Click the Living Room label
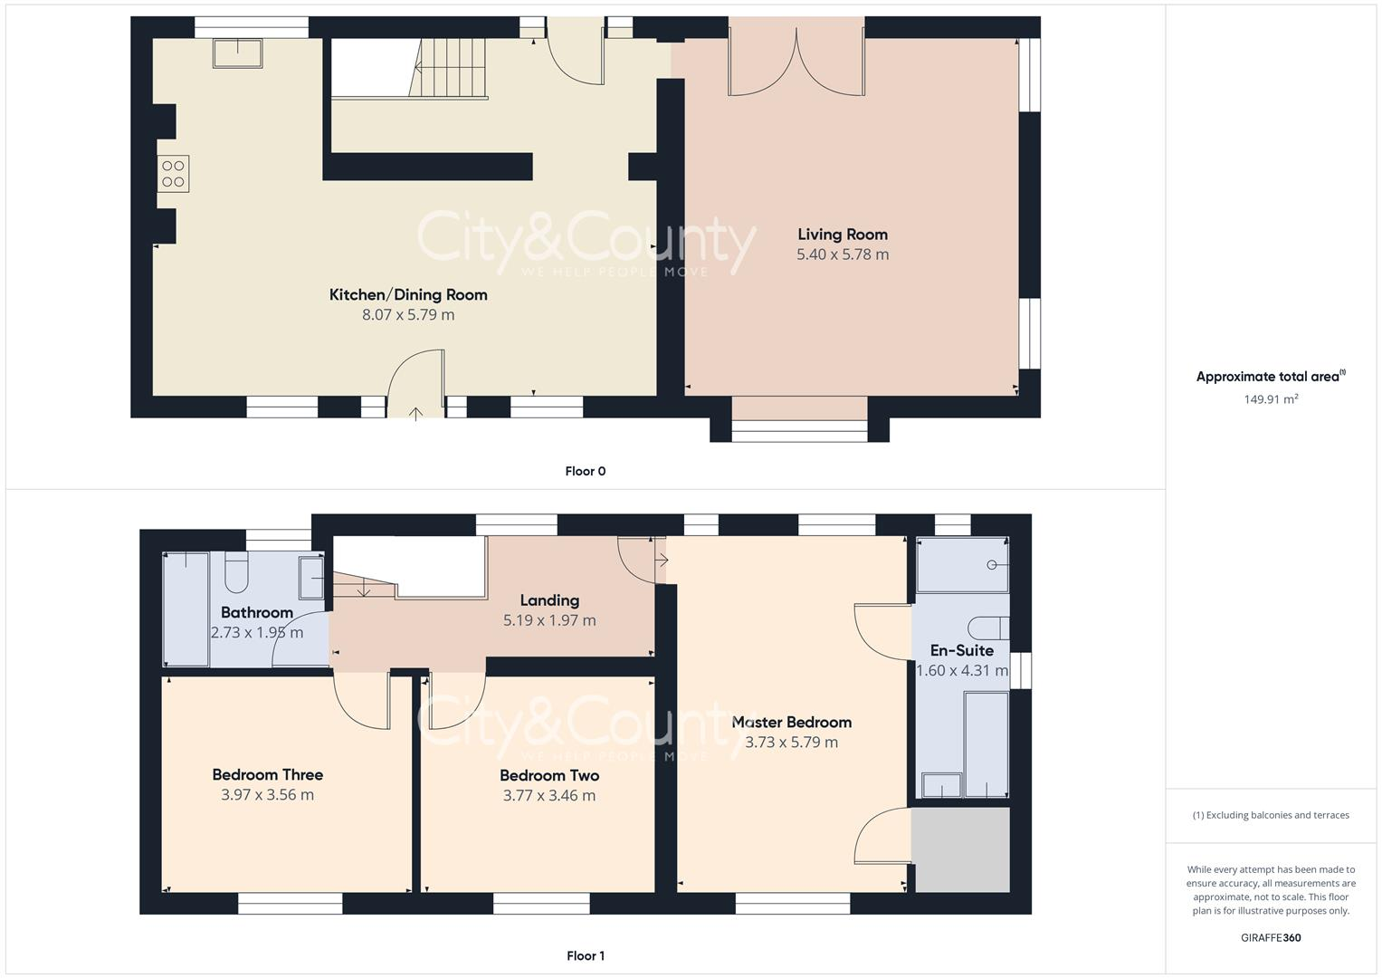842,235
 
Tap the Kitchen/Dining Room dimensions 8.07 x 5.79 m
408,315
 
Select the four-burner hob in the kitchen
173,174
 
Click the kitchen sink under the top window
238,53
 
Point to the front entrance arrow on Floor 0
415,414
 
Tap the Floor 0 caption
586,471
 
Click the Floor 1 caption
586,955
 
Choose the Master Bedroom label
791,722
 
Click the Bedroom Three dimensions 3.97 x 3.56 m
267,795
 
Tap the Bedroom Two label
549,775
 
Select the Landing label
549,600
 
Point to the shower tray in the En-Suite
962,565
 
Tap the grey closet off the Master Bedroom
960,849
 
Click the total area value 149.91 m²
1271,398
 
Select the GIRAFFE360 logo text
1271,937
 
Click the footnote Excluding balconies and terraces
1271,815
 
